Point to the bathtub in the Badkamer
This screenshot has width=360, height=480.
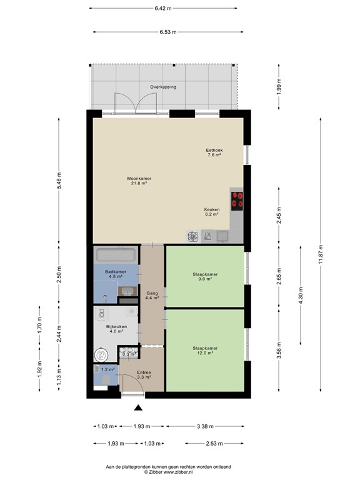coord(115,256)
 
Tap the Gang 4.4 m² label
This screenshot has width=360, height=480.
coord(152,296)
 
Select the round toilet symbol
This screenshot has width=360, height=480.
coord(100,354)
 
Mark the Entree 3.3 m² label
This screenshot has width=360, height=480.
coord(144,375)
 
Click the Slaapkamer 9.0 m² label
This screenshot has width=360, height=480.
coord(205,277)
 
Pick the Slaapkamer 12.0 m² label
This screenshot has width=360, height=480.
coord(205,351)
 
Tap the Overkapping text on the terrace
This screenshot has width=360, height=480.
coord(162,87)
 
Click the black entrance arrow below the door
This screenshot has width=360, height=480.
coord(138,408)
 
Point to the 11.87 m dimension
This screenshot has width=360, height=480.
coord(321,254)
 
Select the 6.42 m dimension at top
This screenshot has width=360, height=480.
coord(162,9)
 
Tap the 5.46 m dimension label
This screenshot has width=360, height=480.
coord(59,181)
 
